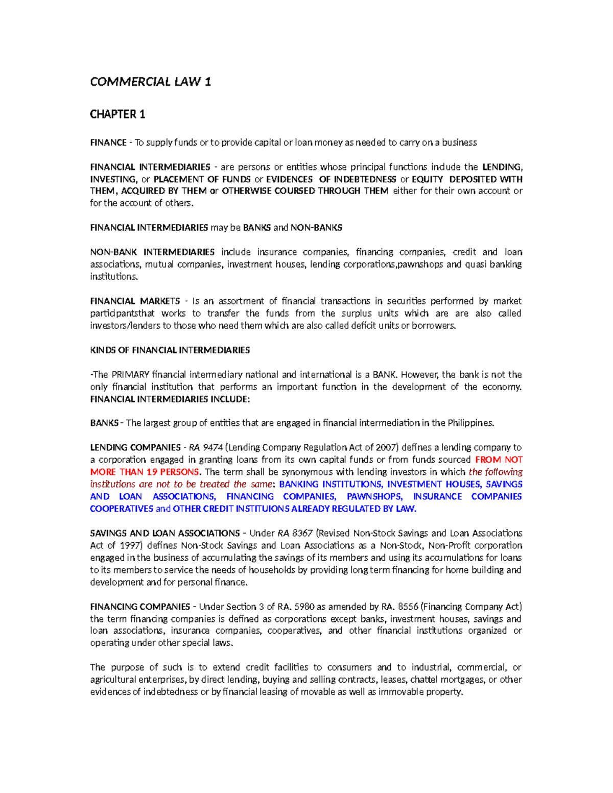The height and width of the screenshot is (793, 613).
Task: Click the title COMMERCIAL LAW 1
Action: click(x=150, y=82)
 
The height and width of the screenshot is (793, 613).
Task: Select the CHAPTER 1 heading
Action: click(x=117, y=114)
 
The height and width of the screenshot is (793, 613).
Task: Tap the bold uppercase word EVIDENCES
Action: click(x=290, y=179)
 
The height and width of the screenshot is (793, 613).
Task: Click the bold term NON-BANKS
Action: click(x=316, y=228)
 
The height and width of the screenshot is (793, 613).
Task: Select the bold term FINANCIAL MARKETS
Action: click(x=135, y=301)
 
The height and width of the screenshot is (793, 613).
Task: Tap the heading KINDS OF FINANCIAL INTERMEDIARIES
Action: click(x=170, y=350)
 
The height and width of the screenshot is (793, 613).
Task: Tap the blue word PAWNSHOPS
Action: click(x=374, y=497)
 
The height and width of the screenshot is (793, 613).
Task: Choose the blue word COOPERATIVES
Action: click(x=122, y=509)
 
